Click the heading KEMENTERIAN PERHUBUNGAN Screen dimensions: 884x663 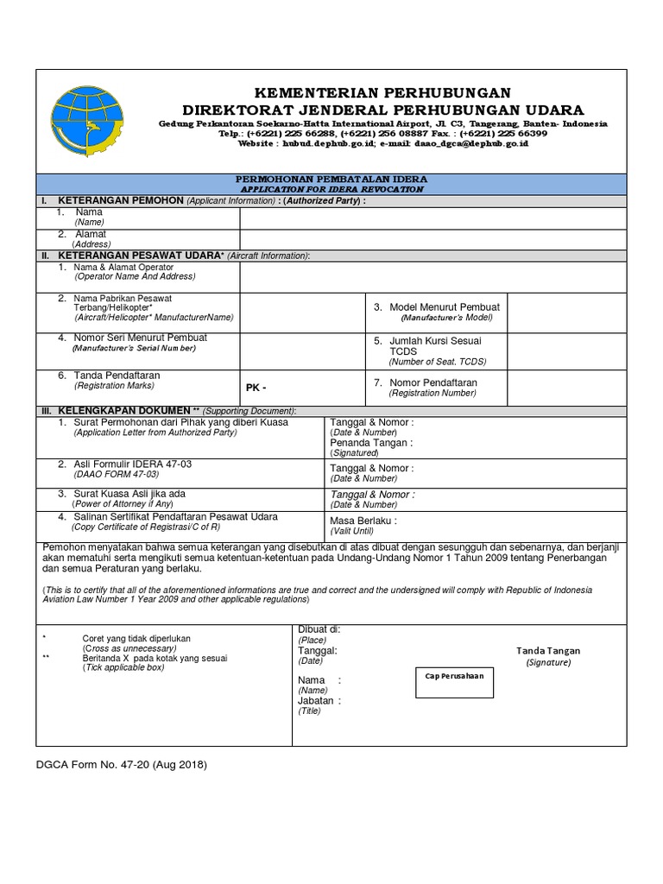pos(381,93)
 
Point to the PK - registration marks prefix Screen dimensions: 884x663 pos(256,388)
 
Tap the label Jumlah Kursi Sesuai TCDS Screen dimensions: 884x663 pos(438,346)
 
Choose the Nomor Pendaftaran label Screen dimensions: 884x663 pos(433,382)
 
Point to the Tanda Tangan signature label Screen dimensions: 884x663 pos(548,651)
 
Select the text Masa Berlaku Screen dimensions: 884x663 pos(363,521)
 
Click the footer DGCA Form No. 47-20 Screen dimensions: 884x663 pos(121,765)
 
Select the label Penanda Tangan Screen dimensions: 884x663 pos(371,443)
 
